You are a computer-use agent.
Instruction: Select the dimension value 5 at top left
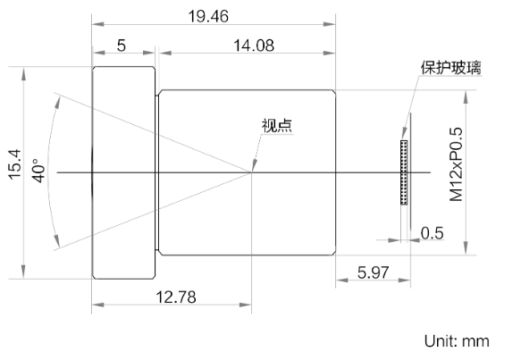coord(121,46)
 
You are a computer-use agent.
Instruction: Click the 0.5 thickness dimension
coord(432,233)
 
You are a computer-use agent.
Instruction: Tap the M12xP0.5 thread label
coord(457,165)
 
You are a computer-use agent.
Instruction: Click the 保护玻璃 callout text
coord(450,68)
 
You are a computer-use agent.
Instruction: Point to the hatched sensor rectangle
coord(403,171)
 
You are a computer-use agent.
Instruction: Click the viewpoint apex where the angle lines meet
coord(253,172)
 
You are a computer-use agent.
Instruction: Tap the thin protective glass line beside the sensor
coord(411,161)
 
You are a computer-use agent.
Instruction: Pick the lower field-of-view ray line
coord(152,211)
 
